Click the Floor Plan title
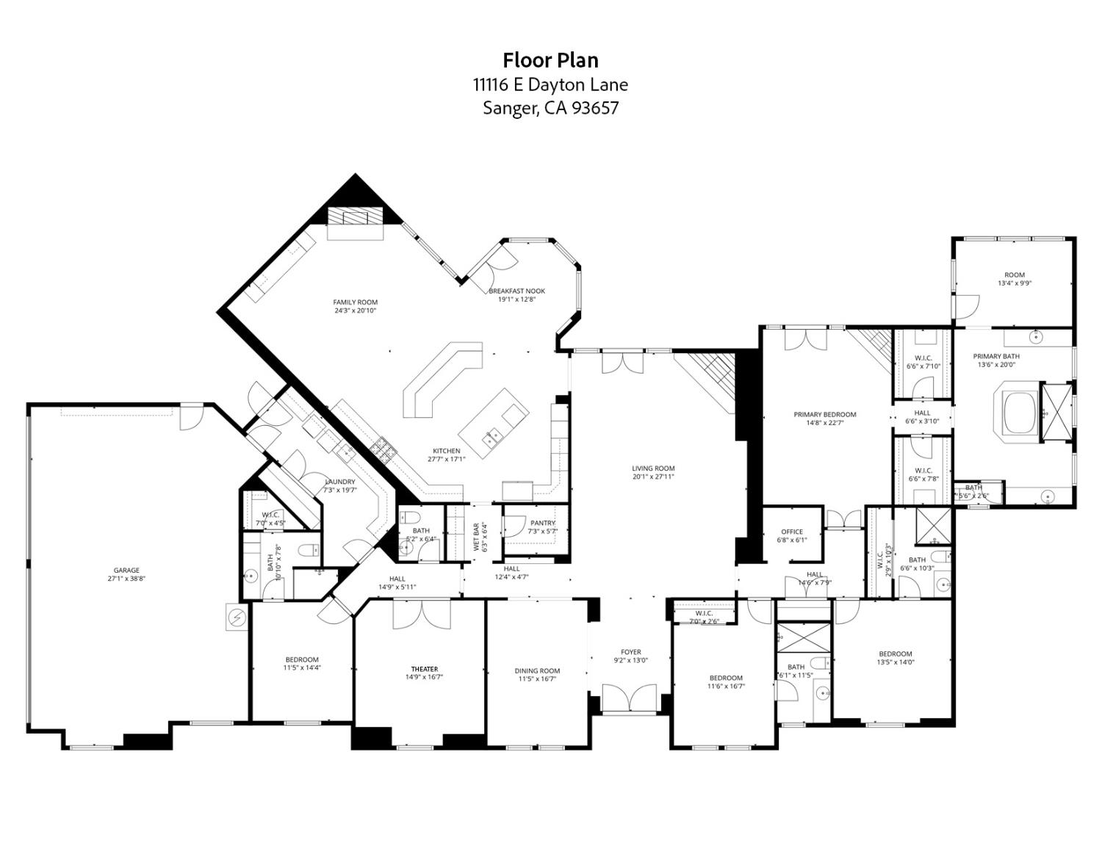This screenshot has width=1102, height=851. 550,59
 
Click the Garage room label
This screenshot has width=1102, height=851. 126,571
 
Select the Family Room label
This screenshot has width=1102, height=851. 355,302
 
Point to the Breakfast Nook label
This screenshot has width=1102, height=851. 517,291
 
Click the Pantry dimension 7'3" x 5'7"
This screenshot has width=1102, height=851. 543,531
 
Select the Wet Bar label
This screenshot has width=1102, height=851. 476,537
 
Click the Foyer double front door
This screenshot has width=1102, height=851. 629,698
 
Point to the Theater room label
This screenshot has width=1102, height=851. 424,669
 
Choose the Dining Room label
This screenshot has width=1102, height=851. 537,670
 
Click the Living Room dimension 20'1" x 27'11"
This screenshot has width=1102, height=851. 653,477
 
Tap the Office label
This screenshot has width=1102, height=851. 792,532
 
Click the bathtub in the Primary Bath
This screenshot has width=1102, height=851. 1017,414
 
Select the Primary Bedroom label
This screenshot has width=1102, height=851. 825,414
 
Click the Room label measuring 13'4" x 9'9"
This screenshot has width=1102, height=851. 1015,275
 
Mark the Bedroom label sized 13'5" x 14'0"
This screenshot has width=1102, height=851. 896,653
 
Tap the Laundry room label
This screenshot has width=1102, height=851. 340,482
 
